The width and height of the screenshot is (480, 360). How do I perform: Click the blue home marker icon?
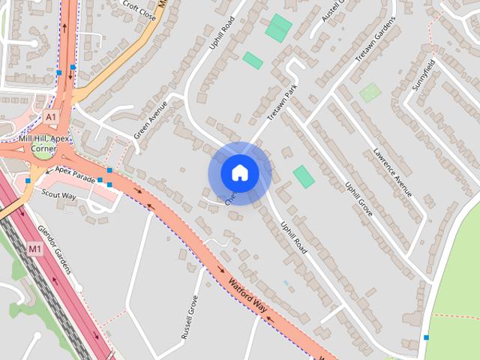pyautogui.click(x=239, y=173)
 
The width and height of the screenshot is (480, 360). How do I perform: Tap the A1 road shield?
pyautogui.click(x=50, y=118)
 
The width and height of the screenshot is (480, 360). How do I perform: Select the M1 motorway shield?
pyautogui.click(x=35, y=248)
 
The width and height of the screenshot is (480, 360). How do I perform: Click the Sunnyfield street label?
pyautogui.click(x=423, y=74)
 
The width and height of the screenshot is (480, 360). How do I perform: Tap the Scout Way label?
pyautogui.click(x=59, y=195)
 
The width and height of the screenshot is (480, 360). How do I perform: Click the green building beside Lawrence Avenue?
pyautogui.click(x=370, y=93)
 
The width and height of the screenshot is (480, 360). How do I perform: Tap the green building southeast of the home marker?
pyautogui.click(x=304, y=177)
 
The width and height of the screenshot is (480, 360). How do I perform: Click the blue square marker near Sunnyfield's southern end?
pyautogui.click(x=427, y=337)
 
